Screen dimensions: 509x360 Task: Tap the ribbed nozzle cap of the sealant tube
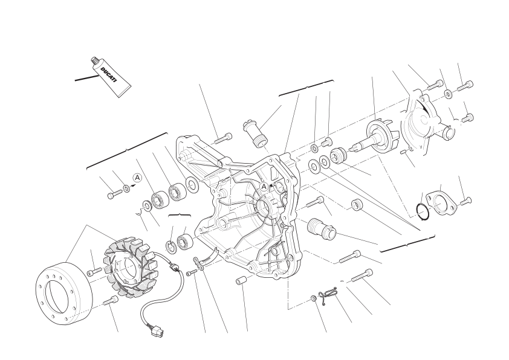click(94, 61)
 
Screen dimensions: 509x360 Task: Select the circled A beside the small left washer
click(138, 178)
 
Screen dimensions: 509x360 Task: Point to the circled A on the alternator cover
click(264, 187)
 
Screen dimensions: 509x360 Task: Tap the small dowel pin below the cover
click(241, 281)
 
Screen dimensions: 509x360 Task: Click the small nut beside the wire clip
click(313, 298)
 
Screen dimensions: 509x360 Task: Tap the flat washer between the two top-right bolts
click(449, 94)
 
